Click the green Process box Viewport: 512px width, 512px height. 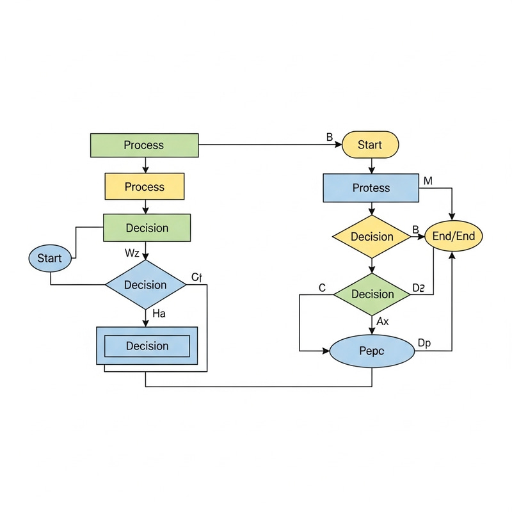pyautogui.click(x=144, y=145)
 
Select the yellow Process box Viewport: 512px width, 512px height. pyautogui.click(x=144, y=187)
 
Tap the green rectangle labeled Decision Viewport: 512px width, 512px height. pyautogui.click(x=147, y=228)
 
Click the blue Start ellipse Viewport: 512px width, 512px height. pyautogui.click(x=49, y=259)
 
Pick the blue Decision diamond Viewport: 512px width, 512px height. pyautogui.click(x=145, y=285)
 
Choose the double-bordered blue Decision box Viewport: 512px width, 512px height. pyautogui.click(x=147, y=346)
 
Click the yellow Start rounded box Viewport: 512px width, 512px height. pyautogui.click(x=371, y=145)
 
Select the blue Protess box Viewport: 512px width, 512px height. pyautogui.click(x=371, y=188)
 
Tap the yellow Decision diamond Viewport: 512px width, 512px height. pyautogui.click(x=372, y=237)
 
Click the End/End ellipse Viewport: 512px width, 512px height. pyautogui.click(x=454, y=236)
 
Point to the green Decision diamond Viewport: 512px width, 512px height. pyautogui.click(x=372, y=294)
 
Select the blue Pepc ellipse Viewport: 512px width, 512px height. pyautogui.click(x=372, y=351)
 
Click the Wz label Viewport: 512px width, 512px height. pyautogui.click(x=132, y=253)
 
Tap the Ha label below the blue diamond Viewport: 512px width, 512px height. pyautogui.click(x=159, y=314)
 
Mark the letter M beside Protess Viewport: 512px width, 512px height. pyautogui.click(x=428, y=181)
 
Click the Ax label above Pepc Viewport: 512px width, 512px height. pyautogui.click(x=383, y=321)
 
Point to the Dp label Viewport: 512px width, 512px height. pyautogui.click(x=424, y=343)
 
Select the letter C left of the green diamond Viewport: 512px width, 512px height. pyautogui.click(x=322, y=289)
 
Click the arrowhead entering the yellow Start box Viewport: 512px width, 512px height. pyautogui.click(x=339, y=145)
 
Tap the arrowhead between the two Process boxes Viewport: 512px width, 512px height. pyautogui.click(x=146, y=170)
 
